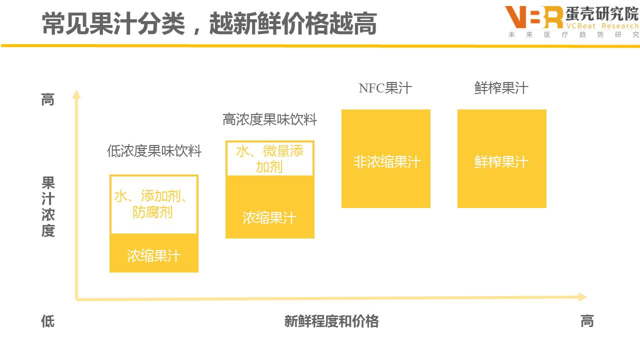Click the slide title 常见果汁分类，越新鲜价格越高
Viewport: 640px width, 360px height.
coord(209,23)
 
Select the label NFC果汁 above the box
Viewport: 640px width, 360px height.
coord(385,88)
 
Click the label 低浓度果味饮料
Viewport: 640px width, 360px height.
coord(154,151)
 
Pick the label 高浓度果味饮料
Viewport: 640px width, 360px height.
coord(269,120)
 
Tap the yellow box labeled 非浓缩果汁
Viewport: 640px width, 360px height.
coord(386,159)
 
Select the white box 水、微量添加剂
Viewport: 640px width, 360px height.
coord(270,158)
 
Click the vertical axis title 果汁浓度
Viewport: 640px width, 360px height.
coord(48,206)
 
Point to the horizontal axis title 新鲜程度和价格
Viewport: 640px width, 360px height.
coord(331,321)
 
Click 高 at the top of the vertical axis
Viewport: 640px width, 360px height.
coord(47,100)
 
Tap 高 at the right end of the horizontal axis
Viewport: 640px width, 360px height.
coord(587,321)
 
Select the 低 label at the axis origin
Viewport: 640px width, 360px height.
coord(47,321)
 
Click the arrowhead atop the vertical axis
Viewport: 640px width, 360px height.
coord(76,94)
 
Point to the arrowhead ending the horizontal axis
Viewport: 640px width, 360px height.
coord(582,297)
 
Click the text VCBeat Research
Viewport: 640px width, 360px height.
coord(602,26)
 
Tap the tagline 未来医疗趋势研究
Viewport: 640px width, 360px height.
coord(573,35)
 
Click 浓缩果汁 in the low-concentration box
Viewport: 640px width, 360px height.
coord(154,256)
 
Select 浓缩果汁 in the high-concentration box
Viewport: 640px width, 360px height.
coord(270,218)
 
